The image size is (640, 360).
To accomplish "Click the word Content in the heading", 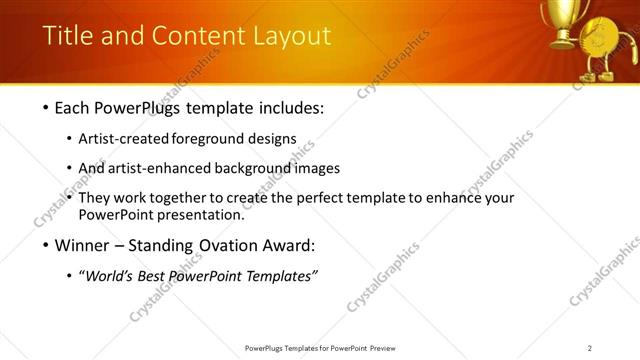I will (189, 37).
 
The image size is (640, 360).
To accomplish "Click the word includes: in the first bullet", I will (291, 106).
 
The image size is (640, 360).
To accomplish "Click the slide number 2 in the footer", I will (590, 348).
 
